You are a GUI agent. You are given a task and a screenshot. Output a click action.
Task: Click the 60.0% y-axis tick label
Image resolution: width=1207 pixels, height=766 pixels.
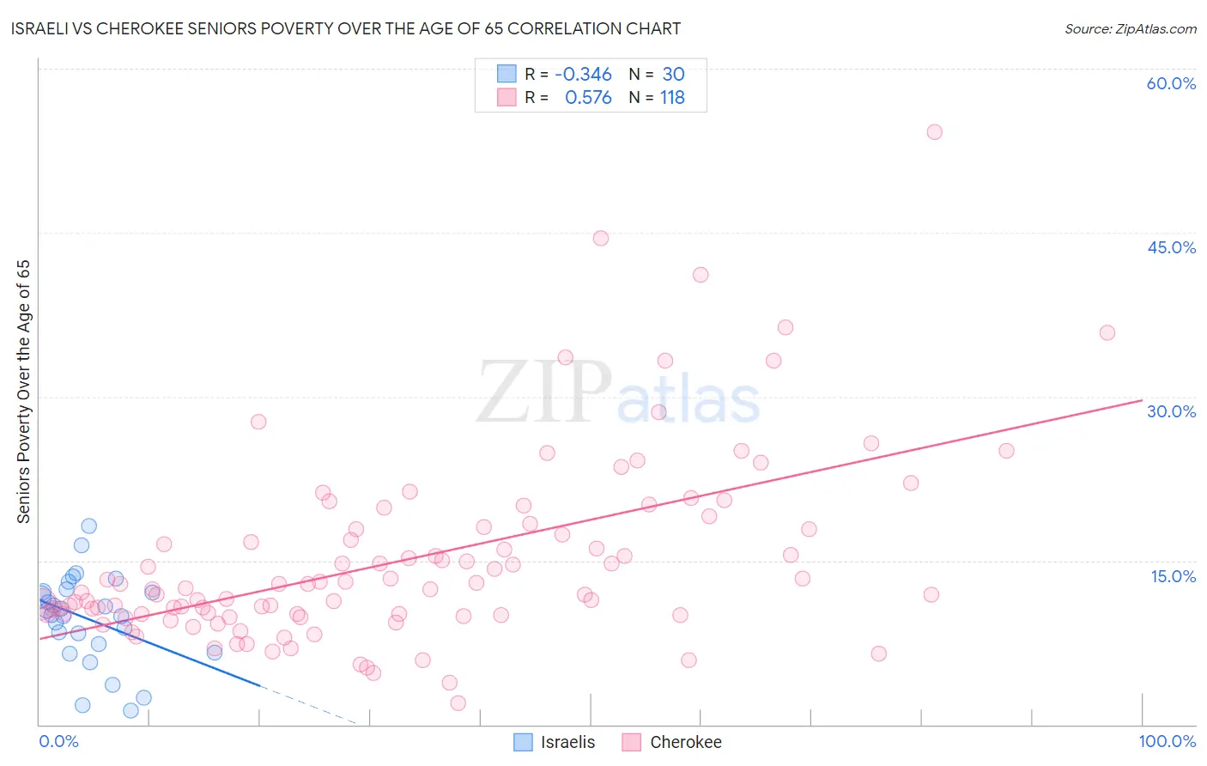tap(1171, 83)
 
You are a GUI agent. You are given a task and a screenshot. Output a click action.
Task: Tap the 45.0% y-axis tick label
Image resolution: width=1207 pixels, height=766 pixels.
tap(1171, 247)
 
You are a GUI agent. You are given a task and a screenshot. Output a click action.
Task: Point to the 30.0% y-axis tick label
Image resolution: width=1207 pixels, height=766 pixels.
tap(1171, 411)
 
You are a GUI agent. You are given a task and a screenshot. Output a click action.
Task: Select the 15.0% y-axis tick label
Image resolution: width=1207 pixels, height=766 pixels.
tap(1173, 576)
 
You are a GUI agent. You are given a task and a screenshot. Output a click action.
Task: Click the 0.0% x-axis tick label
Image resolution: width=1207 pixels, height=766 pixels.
tap(58, 741)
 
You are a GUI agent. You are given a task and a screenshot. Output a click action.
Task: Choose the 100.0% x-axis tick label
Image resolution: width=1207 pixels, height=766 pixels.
tap(1167, 741)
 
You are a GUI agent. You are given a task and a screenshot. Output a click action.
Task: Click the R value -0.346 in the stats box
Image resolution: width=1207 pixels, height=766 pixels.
tap(583, 75)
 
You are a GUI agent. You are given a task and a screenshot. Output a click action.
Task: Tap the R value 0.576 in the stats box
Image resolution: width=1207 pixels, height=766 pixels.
tap(588, 98)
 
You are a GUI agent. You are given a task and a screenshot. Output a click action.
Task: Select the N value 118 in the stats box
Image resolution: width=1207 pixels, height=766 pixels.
tap(672, 98)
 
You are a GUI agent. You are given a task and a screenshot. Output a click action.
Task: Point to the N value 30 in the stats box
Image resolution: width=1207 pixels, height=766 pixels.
tap(673, 75)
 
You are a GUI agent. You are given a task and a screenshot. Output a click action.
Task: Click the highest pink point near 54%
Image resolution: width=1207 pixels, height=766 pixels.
tap(934, 132)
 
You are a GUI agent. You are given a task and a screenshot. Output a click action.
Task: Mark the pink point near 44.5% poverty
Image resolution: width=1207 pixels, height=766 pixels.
tap(600, 239)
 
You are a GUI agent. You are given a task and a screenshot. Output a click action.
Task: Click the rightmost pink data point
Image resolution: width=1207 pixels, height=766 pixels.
tap(1107, 333)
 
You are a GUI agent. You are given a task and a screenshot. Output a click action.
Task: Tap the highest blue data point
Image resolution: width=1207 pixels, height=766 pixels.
tap(88, 526)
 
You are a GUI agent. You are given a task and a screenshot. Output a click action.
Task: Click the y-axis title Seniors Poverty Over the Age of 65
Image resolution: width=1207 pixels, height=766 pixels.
tap(24, 392)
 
